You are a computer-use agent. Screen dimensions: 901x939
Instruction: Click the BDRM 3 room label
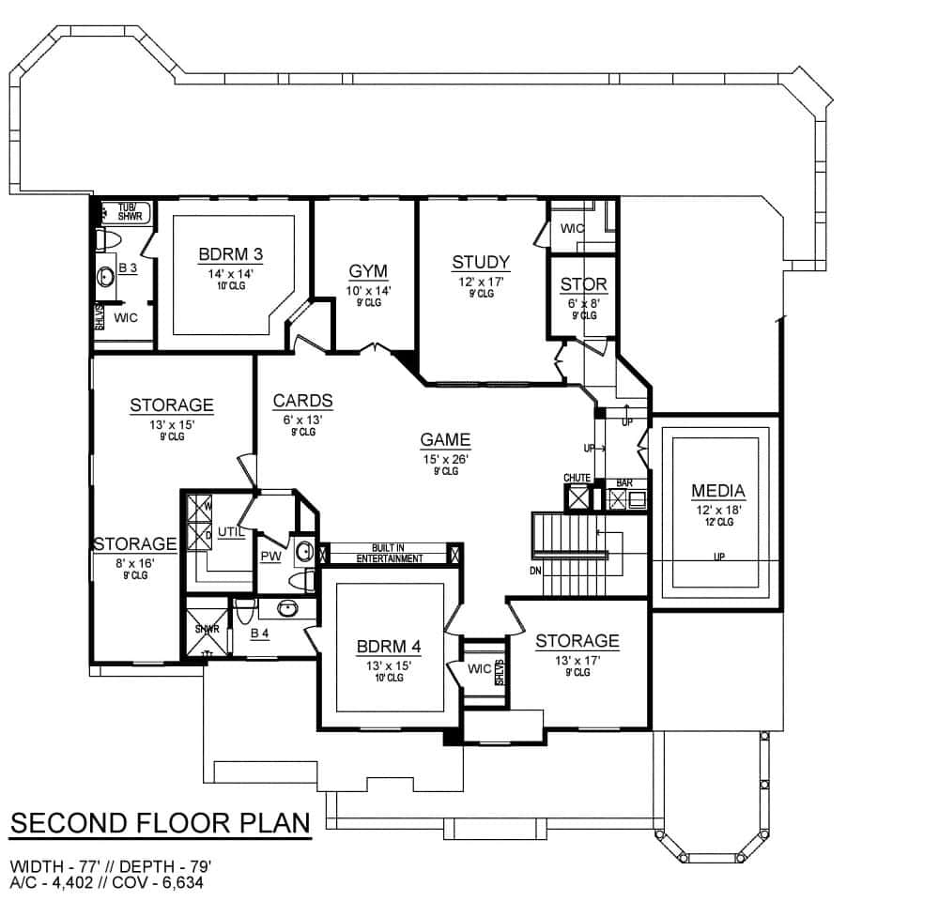click(x=230, y=255)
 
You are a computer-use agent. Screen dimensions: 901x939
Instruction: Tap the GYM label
click(x=367, y=271)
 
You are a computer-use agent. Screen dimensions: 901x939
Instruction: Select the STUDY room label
click(x=480, y=262)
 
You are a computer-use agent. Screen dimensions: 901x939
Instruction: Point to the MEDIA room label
click(x=718, y=491)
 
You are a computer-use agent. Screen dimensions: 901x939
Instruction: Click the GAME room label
click(x=445, y=439)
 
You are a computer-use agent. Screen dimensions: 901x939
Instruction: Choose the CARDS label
click(x=302, y=402)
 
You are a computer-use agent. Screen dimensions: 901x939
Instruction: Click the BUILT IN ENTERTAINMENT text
click(x=389, y=554)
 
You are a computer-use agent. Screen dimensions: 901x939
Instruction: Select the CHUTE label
click(x=577, y=479)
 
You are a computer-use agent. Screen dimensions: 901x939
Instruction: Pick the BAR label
click(x=623, y=483)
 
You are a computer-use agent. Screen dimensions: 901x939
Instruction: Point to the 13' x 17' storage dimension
click(x=577, y=661)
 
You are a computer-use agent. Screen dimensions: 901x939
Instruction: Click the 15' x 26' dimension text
click(x=445, y=459)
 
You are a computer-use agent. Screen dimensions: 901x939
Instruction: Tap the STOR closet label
click(x=583, y=284)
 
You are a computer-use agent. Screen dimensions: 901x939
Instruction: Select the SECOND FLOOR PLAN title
click(x=160, y=823)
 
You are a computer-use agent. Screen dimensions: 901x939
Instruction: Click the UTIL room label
click(x=231, y=532)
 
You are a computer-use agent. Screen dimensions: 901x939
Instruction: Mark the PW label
click(x=270, y=557)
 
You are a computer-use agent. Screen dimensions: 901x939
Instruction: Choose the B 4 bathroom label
click(x=260, y=634)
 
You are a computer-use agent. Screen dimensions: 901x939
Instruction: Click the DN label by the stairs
click(x=534, y=571)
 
